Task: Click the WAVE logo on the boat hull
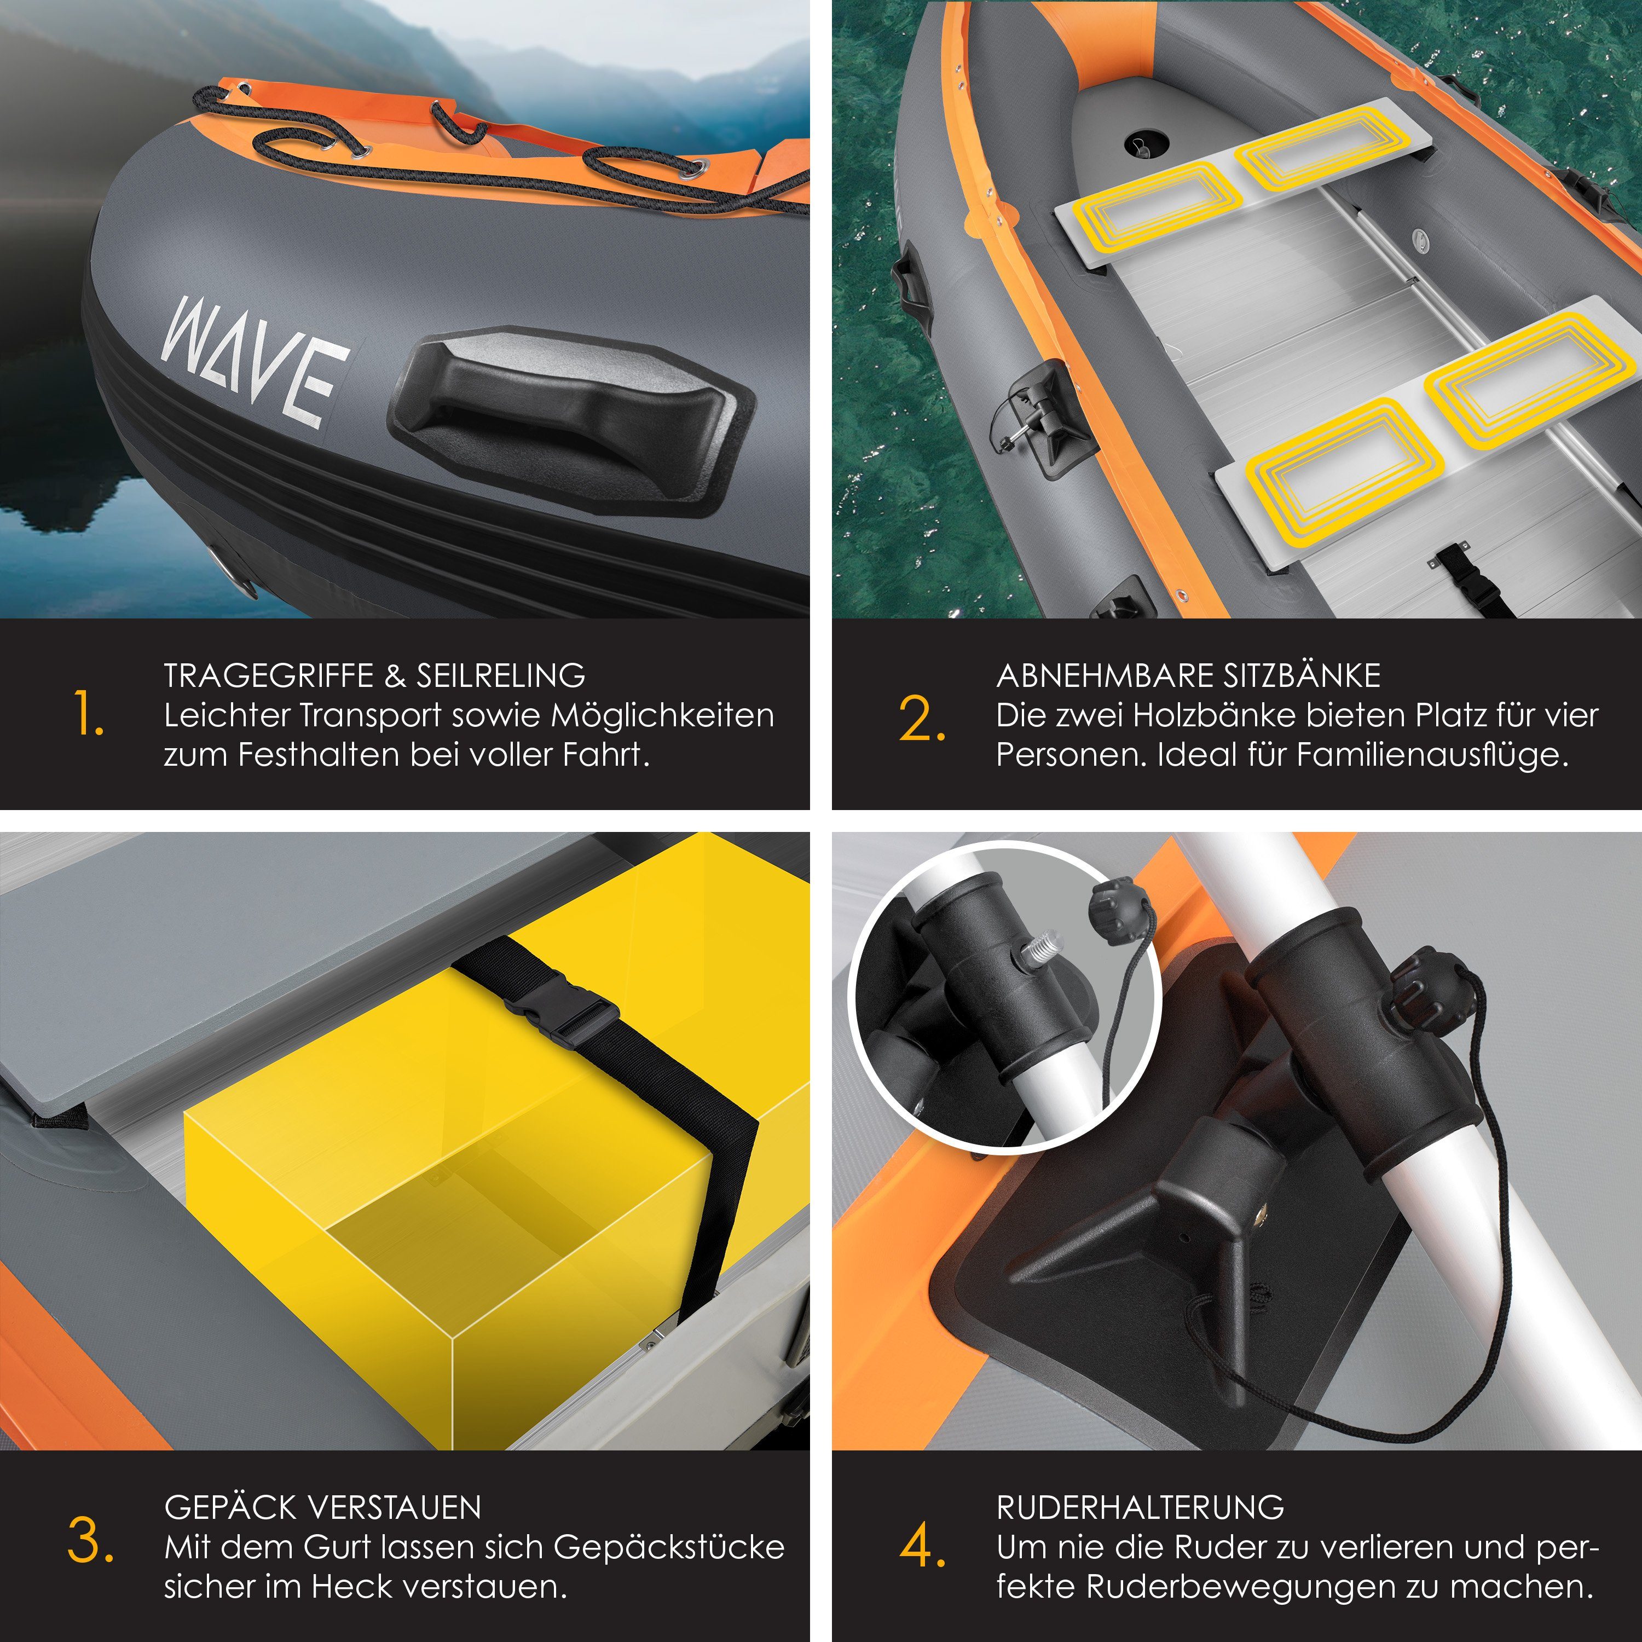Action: (255, 362)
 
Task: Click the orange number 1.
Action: (88, 714)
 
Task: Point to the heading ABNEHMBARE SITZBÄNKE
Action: (1188, 675)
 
